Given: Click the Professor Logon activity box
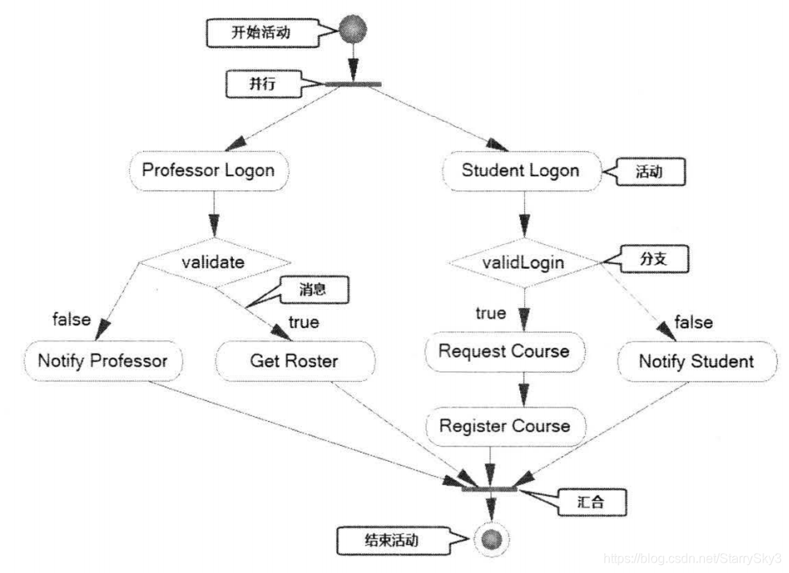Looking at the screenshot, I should point(207,170).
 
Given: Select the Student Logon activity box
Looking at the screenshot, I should point(520,170).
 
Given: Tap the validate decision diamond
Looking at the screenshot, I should point(212,262).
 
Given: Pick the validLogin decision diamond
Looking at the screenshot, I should point(523,262).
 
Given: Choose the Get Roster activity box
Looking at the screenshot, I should point(294,361).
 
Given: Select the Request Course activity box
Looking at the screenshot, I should point(504,351).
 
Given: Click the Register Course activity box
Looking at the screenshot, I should point(504,425).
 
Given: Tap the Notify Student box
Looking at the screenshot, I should point(695,361).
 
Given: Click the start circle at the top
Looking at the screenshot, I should point(352,30).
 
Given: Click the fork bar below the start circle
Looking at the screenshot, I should point(352,84).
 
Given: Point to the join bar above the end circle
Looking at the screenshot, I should point(489,487).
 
